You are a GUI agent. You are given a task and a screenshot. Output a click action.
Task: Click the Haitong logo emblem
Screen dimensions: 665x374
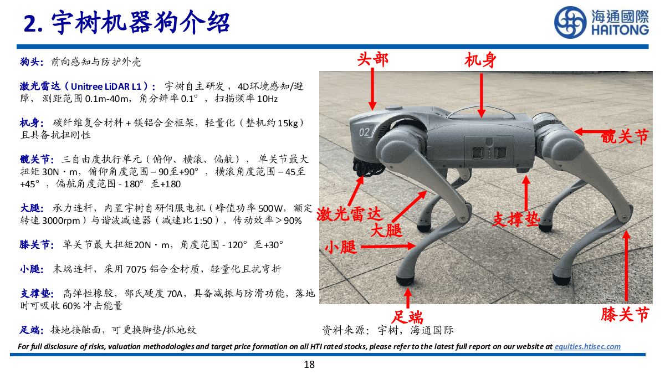(570, 23)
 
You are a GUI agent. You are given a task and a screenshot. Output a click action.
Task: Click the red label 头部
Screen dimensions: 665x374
(373, 59)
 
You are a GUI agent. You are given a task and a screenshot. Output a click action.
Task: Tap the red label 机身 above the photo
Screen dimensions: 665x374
(480, 60)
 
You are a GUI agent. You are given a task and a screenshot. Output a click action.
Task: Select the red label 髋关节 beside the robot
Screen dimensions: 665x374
(625, 137)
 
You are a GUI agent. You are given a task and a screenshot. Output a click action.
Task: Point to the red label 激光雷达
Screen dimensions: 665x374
(349, 214)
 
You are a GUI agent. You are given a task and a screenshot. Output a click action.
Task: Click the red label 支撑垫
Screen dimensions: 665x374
(516, 219)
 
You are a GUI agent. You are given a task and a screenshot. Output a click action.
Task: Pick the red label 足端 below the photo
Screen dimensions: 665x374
(407, 317)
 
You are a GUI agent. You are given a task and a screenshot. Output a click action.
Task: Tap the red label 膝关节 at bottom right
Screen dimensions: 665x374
(625, 315)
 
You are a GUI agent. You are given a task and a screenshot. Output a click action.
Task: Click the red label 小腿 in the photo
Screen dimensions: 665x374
(341, 247)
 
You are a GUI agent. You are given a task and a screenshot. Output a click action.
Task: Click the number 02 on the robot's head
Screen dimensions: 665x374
(364, 132)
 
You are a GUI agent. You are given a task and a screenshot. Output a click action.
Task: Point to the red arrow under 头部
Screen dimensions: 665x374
(372, 89)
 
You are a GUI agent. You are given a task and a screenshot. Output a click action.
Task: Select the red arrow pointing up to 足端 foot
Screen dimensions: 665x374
(408, 298)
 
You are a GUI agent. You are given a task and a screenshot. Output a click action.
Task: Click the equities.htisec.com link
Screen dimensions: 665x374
(587, 346)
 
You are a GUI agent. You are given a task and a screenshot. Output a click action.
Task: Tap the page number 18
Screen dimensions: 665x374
(309, 365)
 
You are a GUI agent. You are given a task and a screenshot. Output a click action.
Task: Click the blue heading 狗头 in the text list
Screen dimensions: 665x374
(29, 62)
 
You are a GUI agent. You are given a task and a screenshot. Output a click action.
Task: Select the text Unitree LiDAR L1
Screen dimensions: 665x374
(106, 86)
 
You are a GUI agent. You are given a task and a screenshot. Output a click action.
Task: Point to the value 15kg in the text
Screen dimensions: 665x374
(288, 123)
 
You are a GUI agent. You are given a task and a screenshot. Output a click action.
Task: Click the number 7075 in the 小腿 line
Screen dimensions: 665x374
(136, 269)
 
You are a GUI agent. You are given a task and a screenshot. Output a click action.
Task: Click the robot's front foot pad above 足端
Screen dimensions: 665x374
(406, 279)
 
